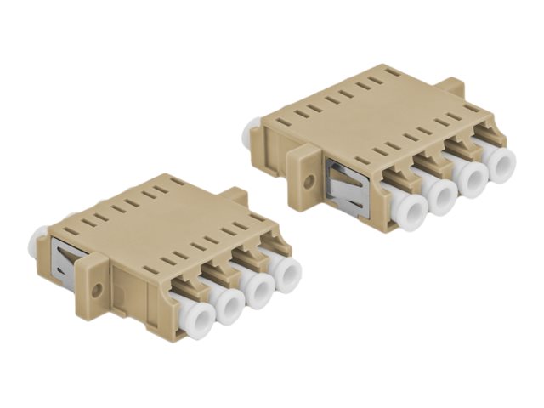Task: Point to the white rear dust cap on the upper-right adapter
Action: click(251, 133)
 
